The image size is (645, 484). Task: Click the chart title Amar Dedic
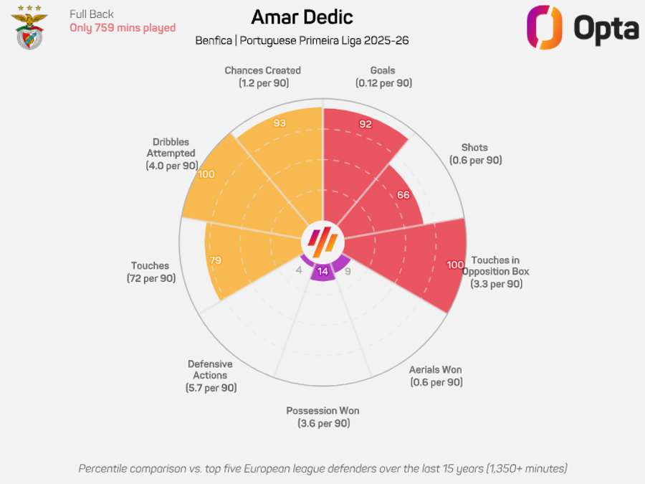pos(302,17)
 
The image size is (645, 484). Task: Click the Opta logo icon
pos(544,27)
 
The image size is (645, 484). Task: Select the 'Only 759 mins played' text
pos(123,28)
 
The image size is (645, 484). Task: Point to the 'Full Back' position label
pos(92,14)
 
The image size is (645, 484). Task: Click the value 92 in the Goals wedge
pos(365,124)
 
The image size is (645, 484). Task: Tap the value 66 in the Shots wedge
pos(403,195)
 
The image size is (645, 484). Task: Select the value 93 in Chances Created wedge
pos(279,123)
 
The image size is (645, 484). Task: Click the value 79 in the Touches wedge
pos(215,260)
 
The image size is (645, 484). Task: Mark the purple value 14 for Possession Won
pos(322,271)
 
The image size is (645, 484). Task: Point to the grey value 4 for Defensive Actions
pos(299,270)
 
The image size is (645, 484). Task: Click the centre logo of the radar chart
pos(322,239)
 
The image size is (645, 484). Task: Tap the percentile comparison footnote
pos(322,468)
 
